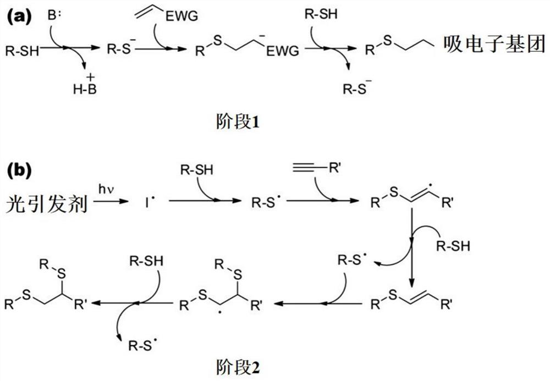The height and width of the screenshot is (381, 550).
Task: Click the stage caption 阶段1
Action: point(236,123)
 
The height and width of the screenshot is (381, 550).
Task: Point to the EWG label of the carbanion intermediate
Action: point(284,51)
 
